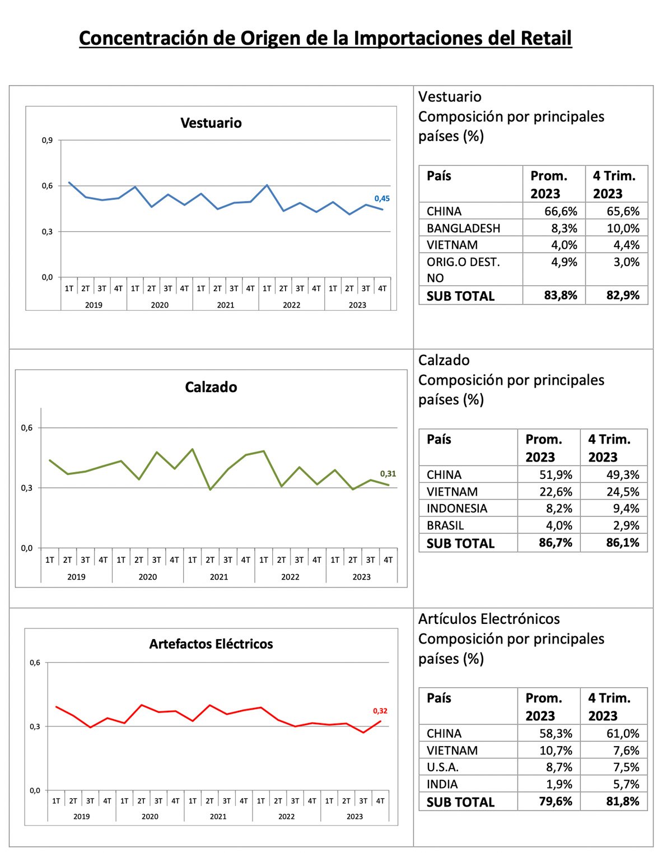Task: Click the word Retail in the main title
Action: point(546,38)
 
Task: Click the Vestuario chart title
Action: point(211,123)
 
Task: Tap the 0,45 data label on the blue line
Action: point(382,199)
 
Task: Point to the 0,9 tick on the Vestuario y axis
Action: point(47,140)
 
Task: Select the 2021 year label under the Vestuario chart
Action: point(225,305)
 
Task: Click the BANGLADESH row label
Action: point(463,229)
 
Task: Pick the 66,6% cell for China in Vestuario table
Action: point(561,211)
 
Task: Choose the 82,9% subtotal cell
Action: point(623,295)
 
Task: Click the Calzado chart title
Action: point(211,387)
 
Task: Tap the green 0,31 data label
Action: point(388,474)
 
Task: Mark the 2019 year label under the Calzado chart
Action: point(76,577)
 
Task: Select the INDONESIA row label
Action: point(457,508)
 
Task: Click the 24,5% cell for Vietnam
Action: point(623,492)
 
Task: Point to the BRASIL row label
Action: point(445,525)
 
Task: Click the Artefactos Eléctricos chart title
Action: point(211,644)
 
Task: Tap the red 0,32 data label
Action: point(380,711)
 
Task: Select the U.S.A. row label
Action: point(442,767)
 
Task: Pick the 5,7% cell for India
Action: point(626,784)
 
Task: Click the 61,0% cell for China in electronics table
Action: point(623,733)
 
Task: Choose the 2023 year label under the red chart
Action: point(354,817)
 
